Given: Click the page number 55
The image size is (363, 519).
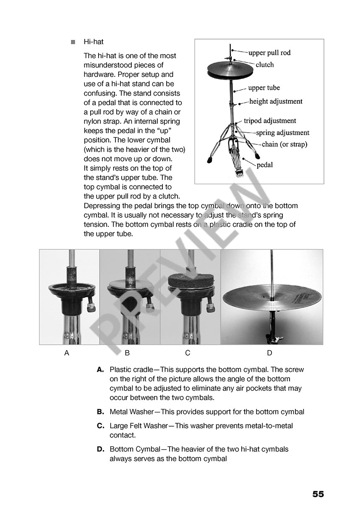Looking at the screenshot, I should pyautogui.click(x=318, y=494).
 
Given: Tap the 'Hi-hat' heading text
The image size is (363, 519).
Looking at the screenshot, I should pyautogui.click(x=94, y=42).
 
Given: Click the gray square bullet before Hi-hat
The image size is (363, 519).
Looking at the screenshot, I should pyautogui.click(x=73, y=42).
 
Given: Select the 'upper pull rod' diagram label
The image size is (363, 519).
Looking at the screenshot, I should pyautogui.click(x=269, y=53).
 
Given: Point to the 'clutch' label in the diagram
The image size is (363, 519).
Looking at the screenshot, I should pyautogui.click(x=264, y=65).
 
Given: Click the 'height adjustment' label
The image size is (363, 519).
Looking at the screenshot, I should pyautogui.click(x=275, y=101).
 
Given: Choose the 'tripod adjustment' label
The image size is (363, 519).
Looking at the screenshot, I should pyautogui.click(x=270, y=121).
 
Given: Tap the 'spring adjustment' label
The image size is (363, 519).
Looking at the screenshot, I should pyautogui.click(x=282, y=133).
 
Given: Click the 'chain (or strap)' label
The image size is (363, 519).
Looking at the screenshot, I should pyautogui.click(x=284, y=144).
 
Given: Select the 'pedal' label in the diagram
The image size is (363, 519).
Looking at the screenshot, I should pyautogui.click(x=264, y=165).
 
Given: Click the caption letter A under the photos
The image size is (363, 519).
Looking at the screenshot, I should pyautogui.click(x=67, y=353).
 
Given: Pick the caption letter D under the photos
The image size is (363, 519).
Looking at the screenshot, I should pyautogui.click(x=269, y=353).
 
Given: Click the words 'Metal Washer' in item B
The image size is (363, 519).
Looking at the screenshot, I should pyautogui.click(x=132, y=412).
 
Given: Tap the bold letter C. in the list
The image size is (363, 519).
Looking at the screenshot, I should pyautogui.click(x=100, y=426).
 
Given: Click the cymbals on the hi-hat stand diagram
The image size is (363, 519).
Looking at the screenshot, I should pyautogui.click(x=230, y=70).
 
